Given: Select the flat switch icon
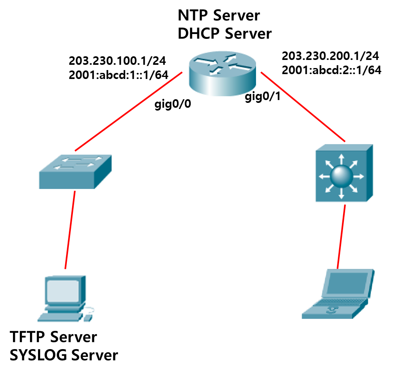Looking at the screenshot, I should [x=75, y=171].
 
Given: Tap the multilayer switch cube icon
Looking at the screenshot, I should [x=345, y=173].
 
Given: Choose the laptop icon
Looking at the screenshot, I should [x=337, y=295].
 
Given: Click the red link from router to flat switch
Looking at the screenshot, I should [x=128, y=111].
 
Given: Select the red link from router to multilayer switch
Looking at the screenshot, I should [x=303, y=107].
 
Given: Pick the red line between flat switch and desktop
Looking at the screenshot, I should [x=70, y=230].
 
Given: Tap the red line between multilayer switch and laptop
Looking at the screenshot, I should [x=341, y=237].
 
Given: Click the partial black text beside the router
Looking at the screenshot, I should [x=253, y=96].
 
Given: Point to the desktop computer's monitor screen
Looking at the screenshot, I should [x=62, y=290].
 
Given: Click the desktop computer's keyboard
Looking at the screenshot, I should [x=60, y=317].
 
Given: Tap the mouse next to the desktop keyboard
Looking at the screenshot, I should [x=87, y=318].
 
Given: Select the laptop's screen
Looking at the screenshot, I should [x=348, y=283].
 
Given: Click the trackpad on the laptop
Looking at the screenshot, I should [x=332, y=310].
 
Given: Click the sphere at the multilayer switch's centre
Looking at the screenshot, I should [x=341, y=176].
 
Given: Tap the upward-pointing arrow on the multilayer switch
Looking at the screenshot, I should [x=341, y=159].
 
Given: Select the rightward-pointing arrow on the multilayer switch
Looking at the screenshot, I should [x=359, y=177].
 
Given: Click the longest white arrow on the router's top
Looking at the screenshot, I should [x=205, y=62].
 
